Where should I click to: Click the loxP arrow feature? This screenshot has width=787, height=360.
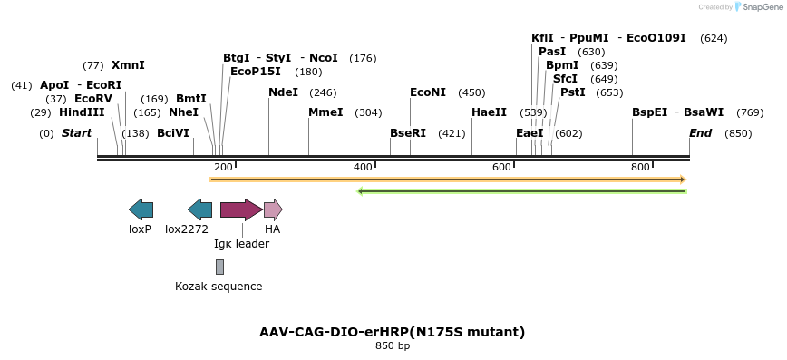point(141,209)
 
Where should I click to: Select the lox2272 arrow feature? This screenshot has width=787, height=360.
point(199,209)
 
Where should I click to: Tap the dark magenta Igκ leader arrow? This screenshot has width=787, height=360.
point(241,209)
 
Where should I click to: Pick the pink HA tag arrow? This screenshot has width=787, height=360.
point(274,209)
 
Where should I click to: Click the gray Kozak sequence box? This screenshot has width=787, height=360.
point(219,268)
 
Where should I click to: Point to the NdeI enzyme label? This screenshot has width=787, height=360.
point(284,92)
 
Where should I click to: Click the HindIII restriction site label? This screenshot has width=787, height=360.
point(82,112)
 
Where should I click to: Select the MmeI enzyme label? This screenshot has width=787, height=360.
point(325,112)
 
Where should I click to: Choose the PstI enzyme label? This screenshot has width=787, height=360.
point(573,92)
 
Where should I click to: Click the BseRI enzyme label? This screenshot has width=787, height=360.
point(408,133)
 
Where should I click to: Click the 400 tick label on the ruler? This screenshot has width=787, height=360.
point(363,167)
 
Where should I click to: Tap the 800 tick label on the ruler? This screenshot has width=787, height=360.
point(640,167)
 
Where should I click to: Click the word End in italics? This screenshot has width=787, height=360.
point(700,133)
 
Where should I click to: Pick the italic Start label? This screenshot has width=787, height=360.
point(77,133)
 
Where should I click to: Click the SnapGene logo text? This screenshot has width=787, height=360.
point(762,7)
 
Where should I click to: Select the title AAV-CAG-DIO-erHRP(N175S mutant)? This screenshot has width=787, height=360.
point(392,333)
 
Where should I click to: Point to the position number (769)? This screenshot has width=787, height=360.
point(750,113)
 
